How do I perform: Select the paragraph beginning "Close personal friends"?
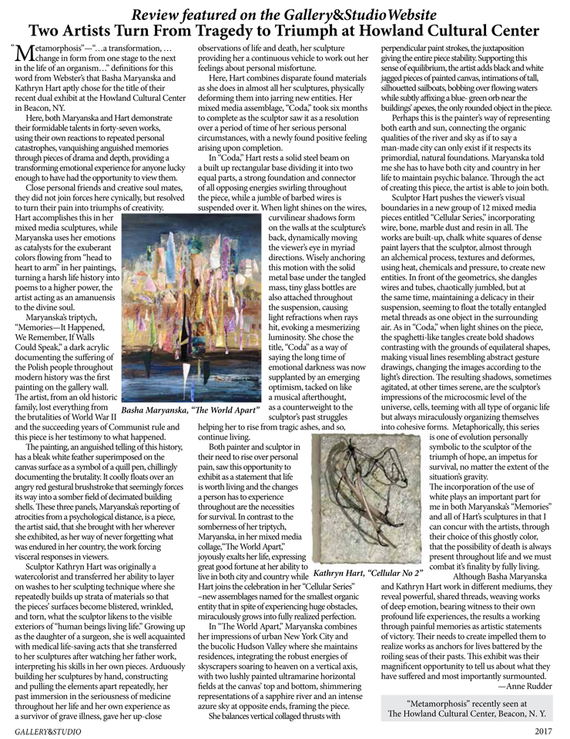[108, 200]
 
